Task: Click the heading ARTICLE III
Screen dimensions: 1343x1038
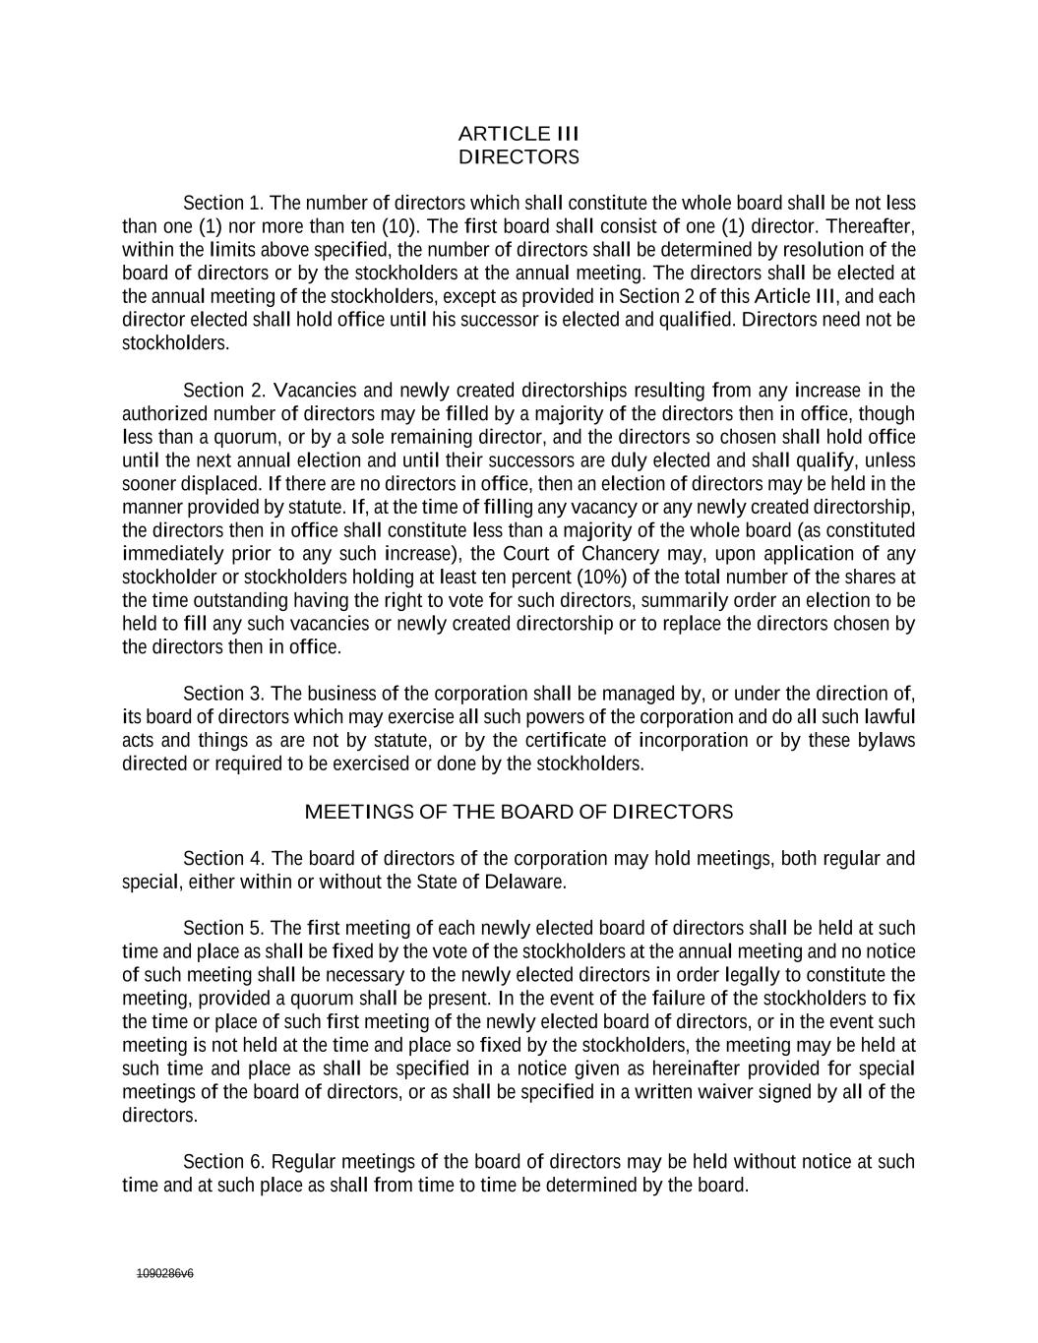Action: (x=519, y=133)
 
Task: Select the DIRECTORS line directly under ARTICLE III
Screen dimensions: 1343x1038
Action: (x=519, y=156)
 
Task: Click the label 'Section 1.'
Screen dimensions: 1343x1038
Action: (x=223, y=204)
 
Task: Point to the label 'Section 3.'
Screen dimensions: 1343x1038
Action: (x=223, y=694)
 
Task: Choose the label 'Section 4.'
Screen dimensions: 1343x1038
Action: (x=223, y=859)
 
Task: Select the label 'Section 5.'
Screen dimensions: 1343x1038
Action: (x=223, y=928)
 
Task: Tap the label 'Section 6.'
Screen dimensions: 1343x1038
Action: (x=223, y=1162)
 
